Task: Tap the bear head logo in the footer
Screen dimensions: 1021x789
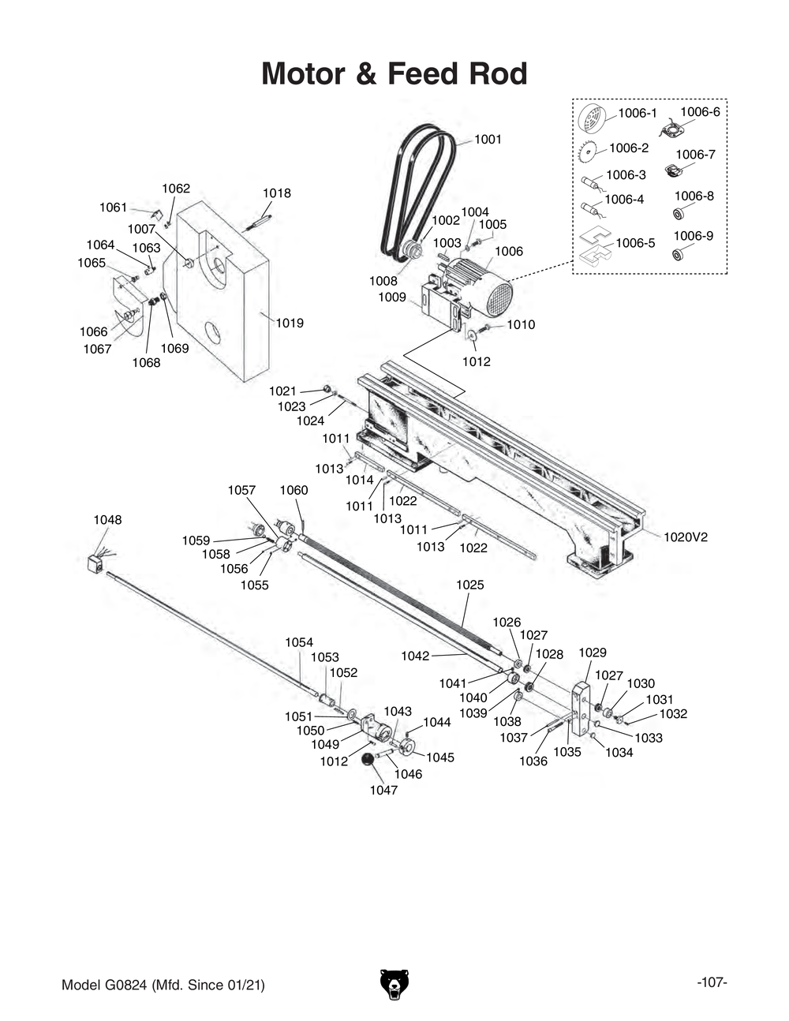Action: click(394, 984)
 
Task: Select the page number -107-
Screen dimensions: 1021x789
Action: click(712, 982)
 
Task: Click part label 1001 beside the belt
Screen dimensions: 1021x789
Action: click(488, 140)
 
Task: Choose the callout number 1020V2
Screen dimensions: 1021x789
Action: click(685, 537)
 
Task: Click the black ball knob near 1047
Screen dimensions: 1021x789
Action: click(368, 759)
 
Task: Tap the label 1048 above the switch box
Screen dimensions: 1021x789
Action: click(108, 520)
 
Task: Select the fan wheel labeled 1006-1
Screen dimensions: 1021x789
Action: click(591, 119)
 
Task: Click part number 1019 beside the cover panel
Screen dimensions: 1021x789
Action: click(289, 323)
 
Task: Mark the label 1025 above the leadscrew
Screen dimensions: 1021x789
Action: click(470, 585)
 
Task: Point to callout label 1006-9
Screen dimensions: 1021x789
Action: click(693, 236)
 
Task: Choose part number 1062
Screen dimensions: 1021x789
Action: click(176, 189)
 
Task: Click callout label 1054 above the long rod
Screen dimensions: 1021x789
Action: click(299, 642)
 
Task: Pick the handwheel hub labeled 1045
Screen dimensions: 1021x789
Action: click(407, 747)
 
